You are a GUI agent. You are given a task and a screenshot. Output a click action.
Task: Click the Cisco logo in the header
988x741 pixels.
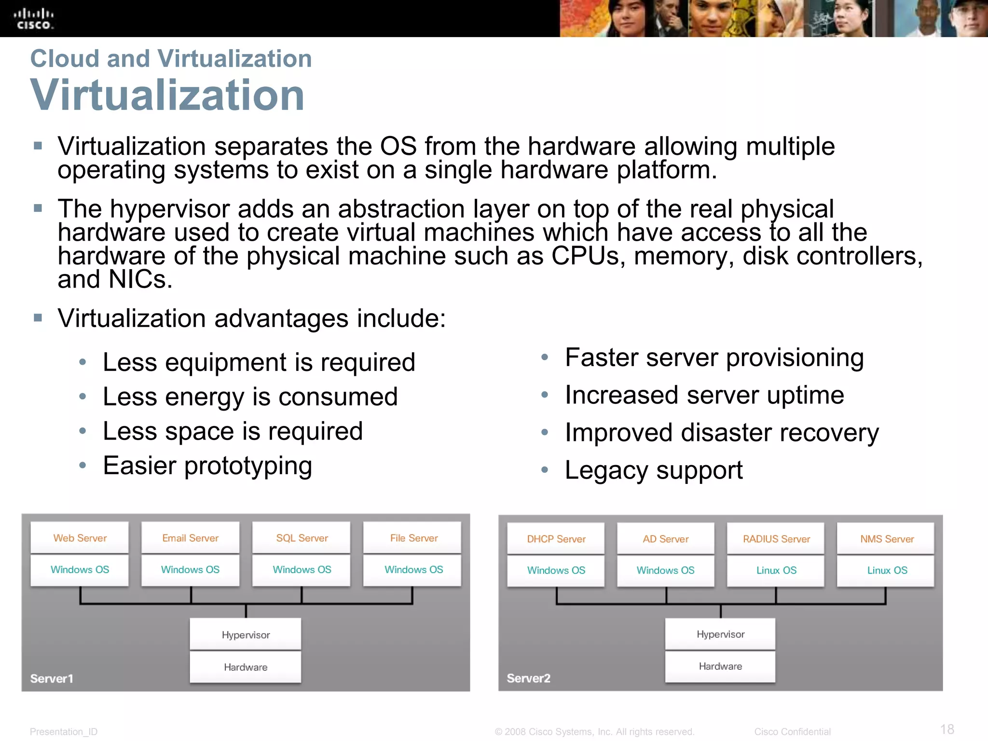coord(33,19)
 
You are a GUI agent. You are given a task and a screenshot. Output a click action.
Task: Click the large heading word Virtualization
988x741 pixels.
coord(167,95)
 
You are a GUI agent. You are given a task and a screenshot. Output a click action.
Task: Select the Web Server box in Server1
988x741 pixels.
coord(80,537)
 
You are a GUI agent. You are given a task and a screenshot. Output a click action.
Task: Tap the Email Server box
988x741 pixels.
coord(190,537)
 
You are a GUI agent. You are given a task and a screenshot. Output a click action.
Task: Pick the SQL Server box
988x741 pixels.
coord(302,537)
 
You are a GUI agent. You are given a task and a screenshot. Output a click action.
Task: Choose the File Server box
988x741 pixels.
coord(413,537)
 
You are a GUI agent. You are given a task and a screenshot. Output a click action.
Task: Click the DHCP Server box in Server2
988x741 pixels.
coord(556,538)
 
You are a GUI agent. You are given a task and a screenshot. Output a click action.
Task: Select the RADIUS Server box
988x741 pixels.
coord(776,538)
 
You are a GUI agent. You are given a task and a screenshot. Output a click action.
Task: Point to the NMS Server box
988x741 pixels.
coord(886,538)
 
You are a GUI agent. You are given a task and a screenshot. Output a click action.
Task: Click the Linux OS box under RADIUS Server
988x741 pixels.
coord(776,570)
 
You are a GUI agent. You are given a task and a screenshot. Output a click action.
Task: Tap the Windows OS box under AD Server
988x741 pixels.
coord(665,570)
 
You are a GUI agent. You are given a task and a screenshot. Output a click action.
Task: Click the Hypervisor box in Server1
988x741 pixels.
coord(246,634)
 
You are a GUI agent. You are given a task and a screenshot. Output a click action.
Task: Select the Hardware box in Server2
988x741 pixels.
coord(720,666)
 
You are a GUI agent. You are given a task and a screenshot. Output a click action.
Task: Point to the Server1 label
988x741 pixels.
coord(52,678)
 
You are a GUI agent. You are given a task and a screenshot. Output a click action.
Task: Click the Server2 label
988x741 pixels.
coord(528,678)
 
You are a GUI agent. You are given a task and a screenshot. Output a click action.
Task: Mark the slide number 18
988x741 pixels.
coord(947,729)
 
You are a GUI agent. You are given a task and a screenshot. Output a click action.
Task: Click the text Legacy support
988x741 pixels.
coord(653,470)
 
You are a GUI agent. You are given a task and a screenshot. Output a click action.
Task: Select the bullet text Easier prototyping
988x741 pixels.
coord(207,466)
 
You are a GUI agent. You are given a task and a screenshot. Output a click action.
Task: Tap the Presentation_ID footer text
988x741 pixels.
coord(63,731)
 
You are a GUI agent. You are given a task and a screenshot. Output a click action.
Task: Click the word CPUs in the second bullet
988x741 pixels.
coord(585,256)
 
